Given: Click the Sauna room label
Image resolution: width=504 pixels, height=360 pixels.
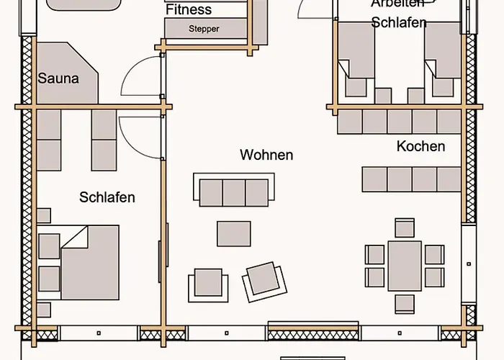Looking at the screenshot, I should (x=58, y=78).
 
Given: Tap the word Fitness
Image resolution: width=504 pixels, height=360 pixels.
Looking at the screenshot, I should (x=189, y=10).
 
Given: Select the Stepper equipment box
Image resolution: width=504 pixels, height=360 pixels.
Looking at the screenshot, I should (x=204, y=29).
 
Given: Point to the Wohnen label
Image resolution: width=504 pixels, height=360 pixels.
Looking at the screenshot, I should (x=266, y=155).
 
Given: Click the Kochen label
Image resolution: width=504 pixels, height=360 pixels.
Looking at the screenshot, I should (x=420, y=146).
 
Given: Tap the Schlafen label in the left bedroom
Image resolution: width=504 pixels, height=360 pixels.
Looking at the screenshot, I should (x=107, y=197).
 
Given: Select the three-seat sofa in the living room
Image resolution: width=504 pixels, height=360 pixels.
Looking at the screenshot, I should (x=233, y=192).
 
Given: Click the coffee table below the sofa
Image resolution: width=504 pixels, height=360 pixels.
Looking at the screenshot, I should (x=234, y=233).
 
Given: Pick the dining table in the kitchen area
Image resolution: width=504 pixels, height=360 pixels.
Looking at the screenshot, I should (x=405, y=265).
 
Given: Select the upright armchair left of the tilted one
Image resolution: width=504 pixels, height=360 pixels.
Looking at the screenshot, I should (x=207, y=283).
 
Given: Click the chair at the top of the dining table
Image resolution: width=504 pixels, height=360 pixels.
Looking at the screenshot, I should (x=405, y=228).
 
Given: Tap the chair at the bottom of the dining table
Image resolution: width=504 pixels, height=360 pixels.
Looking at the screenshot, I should (x=405, y=302).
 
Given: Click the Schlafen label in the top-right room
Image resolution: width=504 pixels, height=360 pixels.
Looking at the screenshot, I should (x=398, y=22).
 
